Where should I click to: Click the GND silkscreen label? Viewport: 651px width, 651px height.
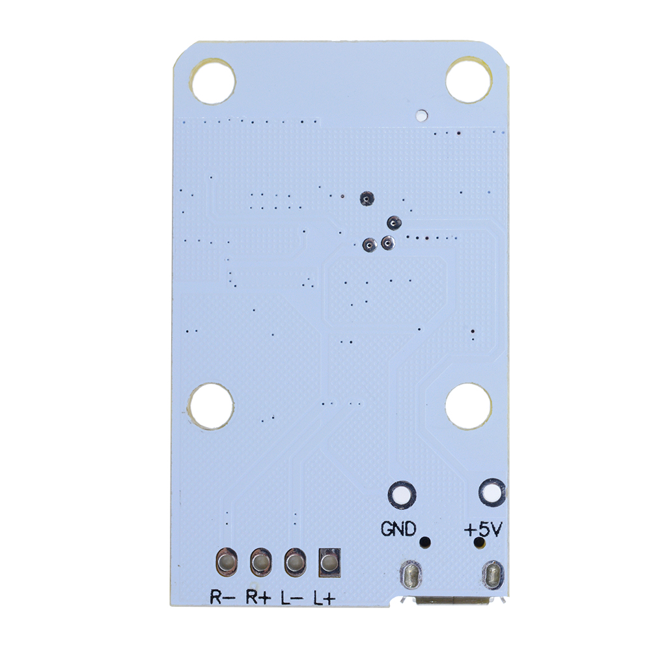pos(398,529)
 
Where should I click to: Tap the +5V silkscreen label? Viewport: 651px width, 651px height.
pos(483,529)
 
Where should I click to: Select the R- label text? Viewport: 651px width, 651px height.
pos(223,597)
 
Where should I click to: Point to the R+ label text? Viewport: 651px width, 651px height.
pos(258,597)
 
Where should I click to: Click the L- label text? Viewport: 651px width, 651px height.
pos(292,597)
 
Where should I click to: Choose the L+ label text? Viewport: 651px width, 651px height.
pos(324,598)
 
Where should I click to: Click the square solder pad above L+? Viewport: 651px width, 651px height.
pos(329,562)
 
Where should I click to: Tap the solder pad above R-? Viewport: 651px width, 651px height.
pos(227,562)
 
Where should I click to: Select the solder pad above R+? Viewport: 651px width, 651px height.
pos(261,562)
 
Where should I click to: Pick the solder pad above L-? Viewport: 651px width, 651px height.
pos(295,562)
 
